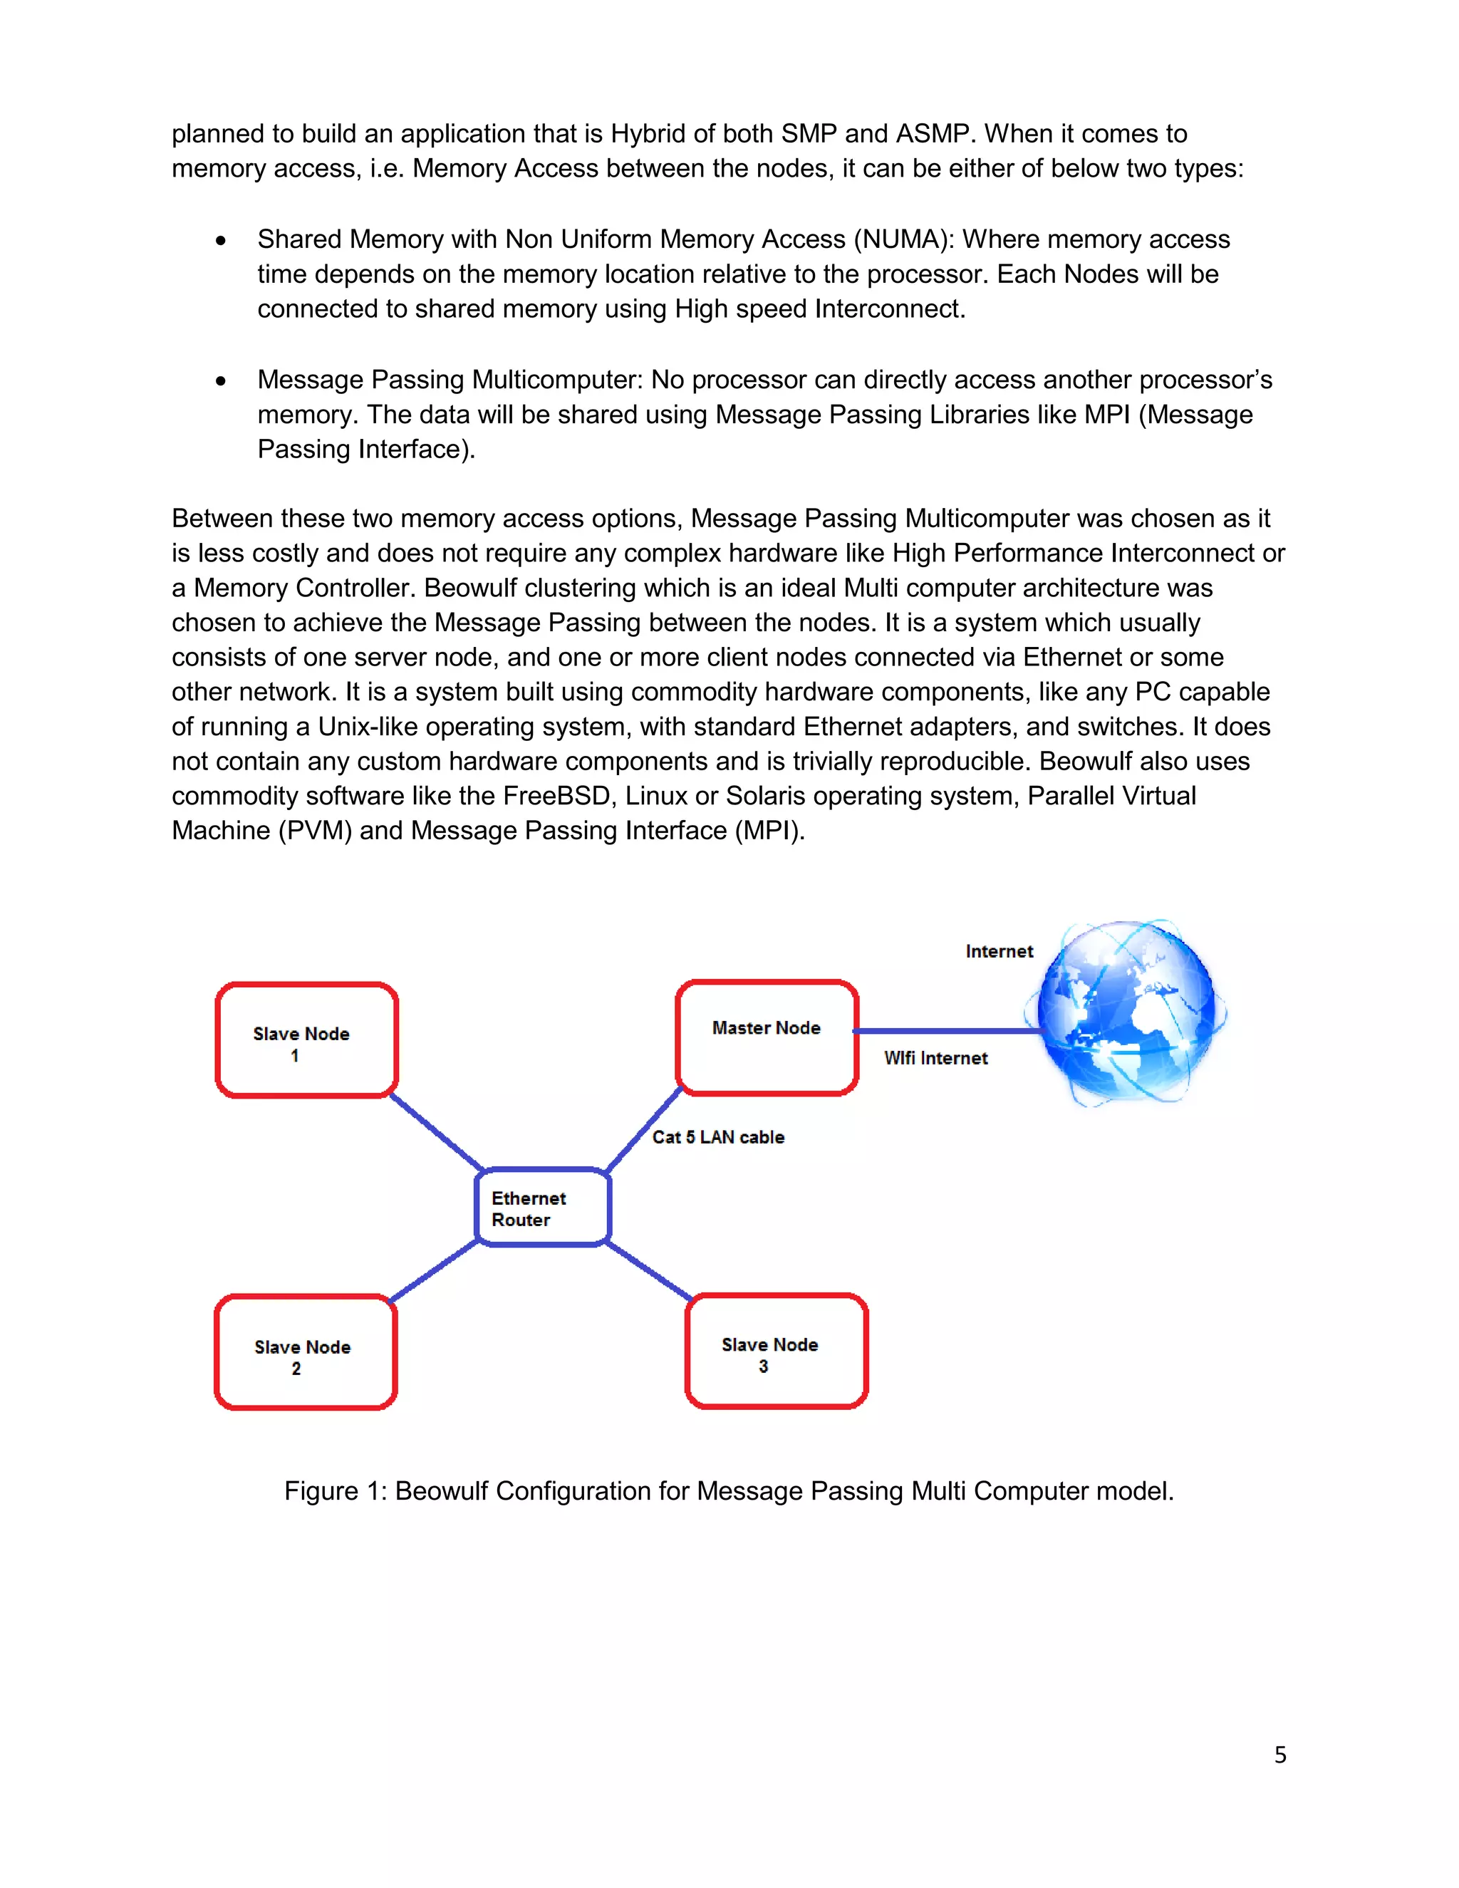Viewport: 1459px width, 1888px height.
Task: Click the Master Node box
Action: click(767, 1037)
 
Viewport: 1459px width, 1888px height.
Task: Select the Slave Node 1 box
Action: click(306, 1040)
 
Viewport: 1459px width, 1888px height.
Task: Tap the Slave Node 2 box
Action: click(305, 1353)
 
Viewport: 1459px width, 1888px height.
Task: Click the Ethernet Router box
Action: click(543, 1208)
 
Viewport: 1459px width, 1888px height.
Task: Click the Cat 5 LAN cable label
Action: click(717, 1137)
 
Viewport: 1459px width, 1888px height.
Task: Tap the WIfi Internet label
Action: click(935, 1058)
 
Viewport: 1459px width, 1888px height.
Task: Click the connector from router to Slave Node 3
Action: click(648, 1271)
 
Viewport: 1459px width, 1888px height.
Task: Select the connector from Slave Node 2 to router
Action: click(435, 1272)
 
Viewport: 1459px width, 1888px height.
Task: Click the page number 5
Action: click(1279, 1755)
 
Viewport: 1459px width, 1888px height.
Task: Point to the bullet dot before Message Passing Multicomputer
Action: click(222, 381)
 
